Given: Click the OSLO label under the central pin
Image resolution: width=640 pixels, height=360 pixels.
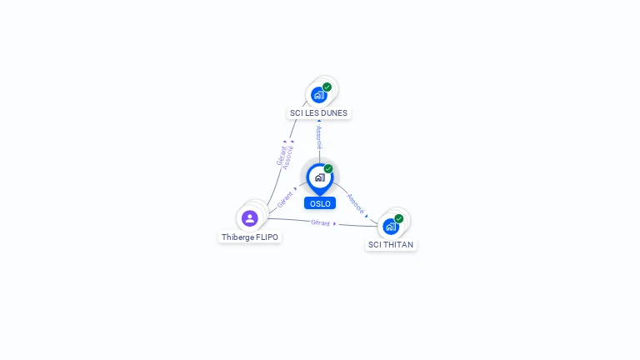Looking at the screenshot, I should coord(320,203).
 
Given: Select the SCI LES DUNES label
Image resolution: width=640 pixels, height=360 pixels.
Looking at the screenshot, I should coord(318,113).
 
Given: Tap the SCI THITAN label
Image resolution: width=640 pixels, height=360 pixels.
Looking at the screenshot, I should coord(390,245).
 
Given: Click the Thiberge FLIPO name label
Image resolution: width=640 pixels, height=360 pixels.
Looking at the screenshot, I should coord(250,237).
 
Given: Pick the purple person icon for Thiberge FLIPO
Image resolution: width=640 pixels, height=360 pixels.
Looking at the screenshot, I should coord(249,218).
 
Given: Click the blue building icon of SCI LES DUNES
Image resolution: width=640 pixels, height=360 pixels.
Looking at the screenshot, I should coord(318,95).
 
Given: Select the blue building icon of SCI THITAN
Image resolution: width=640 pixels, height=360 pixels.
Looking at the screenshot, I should coord(390,226).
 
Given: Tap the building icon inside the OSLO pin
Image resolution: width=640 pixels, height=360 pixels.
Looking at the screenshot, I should coord(319,177).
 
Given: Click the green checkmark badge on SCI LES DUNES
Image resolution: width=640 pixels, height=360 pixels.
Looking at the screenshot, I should coord(327,87).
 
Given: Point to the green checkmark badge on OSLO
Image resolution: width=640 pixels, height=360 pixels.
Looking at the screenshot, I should coord(328,168).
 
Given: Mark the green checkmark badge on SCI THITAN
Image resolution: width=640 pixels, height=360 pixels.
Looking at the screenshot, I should coord(399,218).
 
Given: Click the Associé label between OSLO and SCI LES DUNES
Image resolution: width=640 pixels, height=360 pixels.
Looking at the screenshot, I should coord(318,137).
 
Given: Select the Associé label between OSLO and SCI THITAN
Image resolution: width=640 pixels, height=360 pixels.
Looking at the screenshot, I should coord(356,202).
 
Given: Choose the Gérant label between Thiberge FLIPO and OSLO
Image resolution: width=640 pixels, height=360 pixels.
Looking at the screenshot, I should coord(285,201).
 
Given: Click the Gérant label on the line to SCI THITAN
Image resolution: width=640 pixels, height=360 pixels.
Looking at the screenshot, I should coord(320,222).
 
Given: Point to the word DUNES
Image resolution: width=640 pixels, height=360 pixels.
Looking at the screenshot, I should coord(334,113).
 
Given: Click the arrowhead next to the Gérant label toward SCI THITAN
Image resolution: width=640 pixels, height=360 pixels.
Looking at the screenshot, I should coord(335,223).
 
